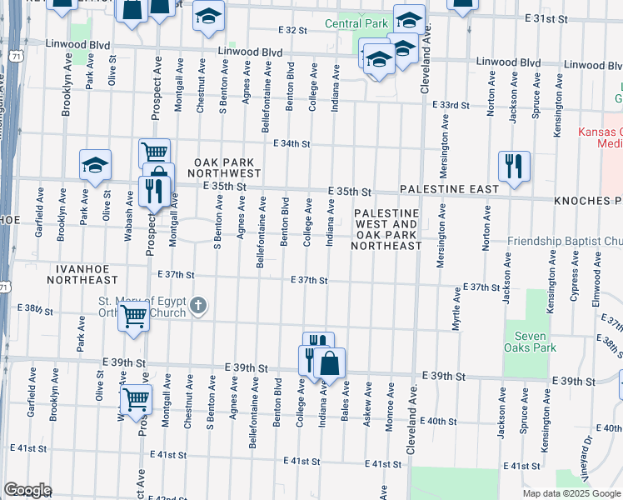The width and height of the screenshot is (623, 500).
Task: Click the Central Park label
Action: point(356,23)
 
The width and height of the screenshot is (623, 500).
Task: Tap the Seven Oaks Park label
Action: point(526,342)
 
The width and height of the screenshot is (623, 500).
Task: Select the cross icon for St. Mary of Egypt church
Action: point(198,306)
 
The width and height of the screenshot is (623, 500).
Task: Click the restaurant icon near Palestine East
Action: point(514,166)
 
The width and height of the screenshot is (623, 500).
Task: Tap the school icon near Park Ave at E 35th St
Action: point(96,165)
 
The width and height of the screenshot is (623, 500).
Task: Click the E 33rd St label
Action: point(451,105)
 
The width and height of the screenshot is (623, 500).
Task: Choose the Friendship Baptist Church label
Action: point(566,241)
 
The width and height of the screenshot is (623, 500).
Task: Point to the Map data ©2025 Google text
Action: point(571,493)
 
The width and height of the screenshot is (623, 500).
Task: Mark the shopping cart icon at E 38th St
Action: point(133,317)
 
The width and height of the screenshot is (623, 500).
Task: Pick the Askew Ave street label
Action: point(367,406)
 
